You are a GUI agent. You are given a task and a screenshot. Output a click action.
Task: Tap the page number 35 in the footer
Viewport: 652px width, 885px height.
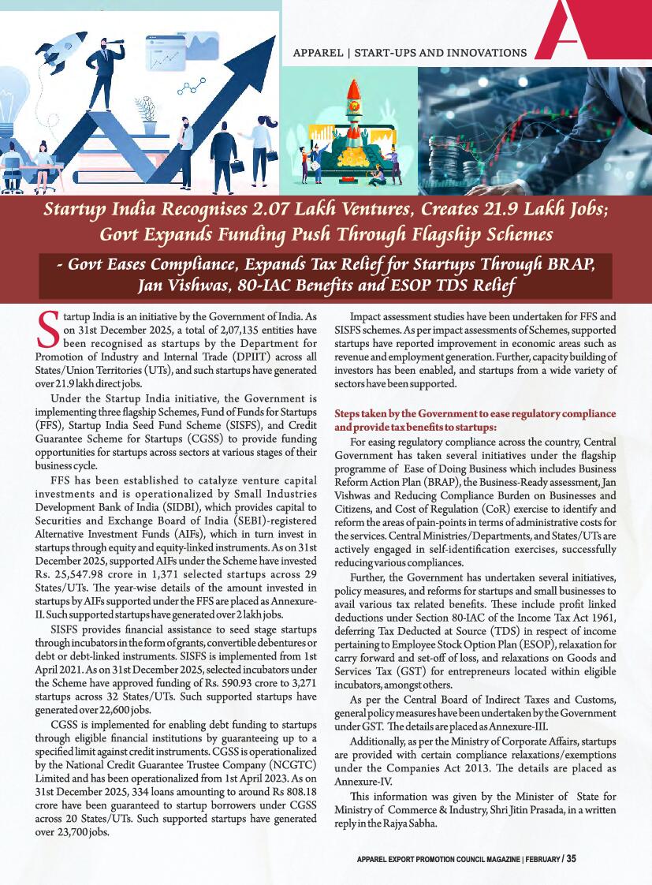coord(571,859)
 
